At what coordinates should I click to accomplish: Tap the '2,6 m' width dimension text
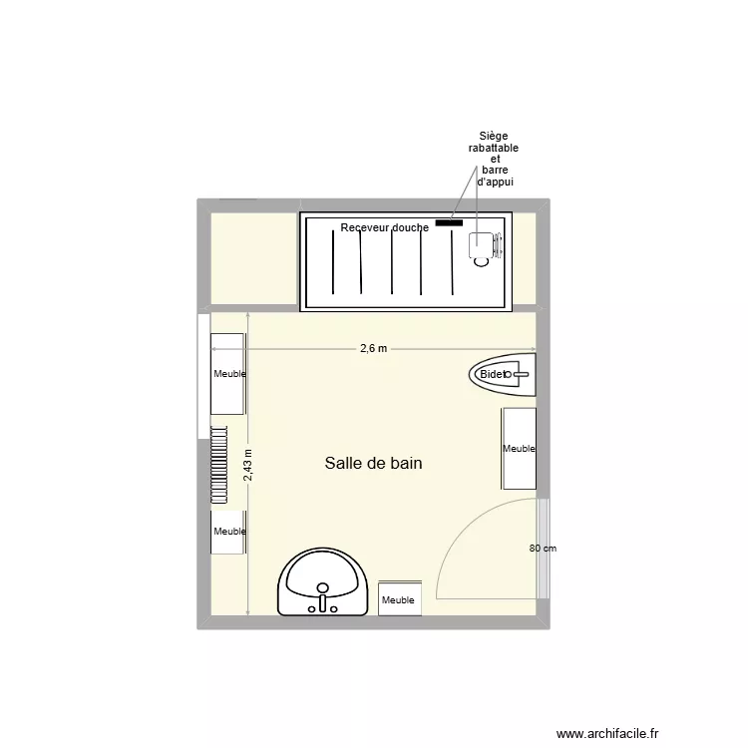click(x=374, y=348)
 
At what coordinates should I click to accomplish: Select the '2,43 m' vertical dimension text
click(x=248, y=465)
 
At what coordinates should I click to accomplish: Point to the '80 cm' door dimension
click(x=543, y=549)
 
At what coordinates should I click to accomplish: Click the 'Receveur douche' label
click(x=384, y=227)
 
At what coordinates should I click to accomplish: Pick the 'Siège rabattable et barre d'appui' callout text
click(x=494, y=160)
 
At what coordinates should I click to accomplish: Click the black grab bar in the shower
click(x=448, y=222)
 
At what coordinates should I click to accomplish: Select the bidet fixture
click(x=504, y=374)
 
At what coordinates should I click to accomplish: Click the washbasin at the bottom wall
click(x=323, y=585)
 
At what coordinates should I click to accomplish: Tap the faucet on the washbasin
click(x=322, y=601)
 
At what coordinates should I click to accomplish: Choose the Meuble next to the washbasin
click(x=399, y=598)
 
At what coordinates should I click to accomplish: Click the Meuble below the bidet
click(x=519, y=449)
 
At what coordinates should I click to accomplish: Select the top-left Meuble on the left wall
click(x=228, y=374)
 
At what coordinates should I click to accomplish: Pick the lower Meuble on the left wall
click(x=228, y=532)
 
